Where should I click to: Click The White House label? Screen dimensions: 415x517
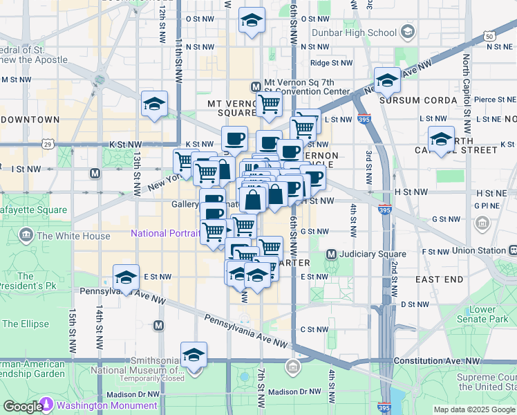click(x=73, y=236)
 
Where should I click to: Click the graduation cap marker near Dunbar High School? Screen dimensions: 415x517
click(x=252, y=21)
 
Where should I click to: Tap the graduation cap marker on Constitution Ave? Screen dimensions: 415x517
click(x=194, y=356)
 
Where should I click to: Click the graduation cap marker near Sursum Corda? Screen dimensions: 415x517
click(x=388, y=82)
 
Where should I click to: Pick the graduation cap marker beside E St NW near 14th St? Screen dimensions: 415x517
click(x=126, y=279)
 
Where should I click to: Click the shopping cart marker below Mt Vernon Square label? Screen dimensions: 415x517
click(x=269, y=105)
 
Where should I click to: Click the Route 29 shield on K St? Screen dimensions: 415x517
click(x=47, y=144)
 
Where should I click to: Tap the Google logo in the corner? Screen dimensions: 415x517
click(x=22, y=407)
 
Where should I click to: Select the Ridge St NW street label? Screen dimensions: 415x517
click(x=331, y=63)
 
